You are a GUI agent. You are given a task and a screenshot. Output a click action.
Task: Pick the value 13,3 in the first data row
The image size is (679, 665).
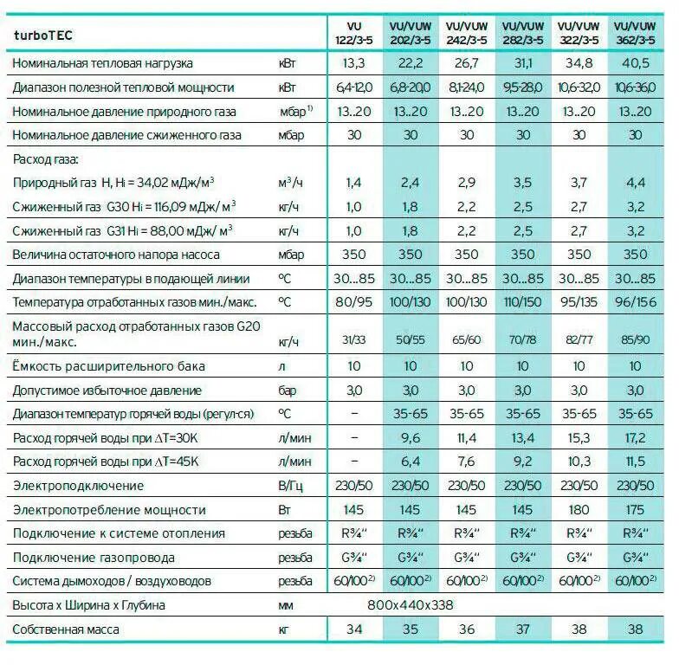pos(354,63)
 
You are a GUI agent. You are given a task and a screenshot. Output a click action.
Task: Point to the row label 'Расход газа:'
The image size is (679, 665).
pos(45,159)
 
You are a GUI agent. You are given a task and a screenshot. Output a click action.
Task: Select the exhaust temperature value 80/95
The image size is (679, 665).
pos(354,302)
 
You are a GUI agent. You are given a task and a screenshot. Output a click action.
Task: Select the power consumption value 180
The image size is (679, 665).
pos(579,510)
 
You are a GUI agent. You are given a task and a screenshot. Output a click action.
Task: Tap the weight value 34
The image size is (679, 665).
pos(354,629)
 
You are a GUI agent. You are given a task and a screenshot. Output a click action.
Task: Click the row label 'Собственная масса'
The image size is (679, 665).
pos(66,629)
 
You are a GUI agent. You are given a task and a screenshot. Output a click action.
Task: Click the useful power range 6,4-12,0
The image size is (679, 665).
pos(354,87)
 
